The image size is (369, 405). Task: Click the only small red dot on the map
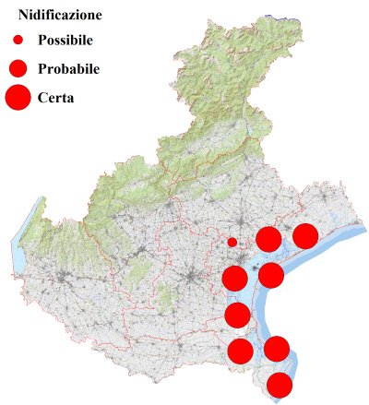(232, 243)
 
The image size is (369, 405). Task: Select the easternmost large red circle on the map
(305, 236)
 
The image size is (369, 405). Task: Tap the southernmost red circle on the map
(280, 385)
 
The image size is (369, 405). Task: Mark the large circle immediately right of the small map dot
(268, 240)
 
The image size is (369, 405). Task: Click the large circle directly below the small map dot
(234, 277)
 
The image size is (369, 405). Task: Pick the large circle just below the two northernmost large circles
(271, 274)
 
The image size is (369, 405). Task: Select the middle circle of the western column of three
(237, 316)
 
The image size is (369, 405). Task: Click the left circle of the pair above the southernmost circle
(240, 351)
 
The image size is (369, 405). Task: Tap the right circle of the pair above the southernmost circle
(277, 349)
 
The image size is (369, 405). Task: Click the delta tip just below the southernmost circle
(279, 400)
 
